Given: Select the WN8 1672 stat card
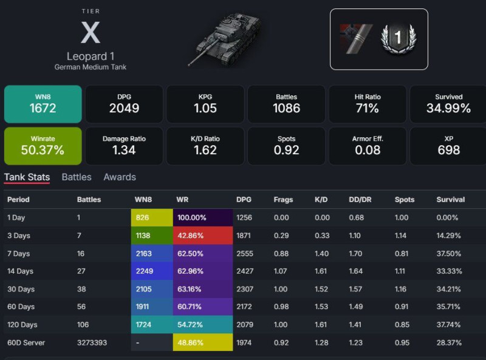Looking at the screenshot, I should [x=43, y=104].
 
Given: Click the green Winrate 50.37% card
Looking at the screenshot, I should [x=43, y=146].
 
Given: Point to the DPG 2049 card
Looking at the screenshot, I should [x=124, y=104].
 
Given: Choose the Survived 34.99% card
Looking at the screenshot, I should [x=448, y=104].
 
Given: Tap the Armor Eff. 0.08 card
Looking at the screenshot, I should [x=367, y=146].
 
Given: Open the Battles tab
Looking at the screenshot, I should [x=77, y=177].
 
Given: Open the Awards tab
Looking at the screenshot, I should [x=120, y=177].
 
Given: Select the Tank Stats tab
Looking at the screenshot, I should [x=27, y=177].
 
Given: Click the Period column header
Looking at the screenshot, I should [x=18, y=199].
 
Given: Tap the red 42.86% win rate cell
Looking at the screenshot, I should [x=202, y=236].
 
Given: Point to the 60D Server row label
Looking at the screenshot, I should [x=26, y=342].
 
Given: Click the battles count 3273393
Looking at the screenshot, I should [x=92, y=342].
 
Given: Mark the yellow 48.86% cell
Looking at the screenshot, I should [x=202, y=342].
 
